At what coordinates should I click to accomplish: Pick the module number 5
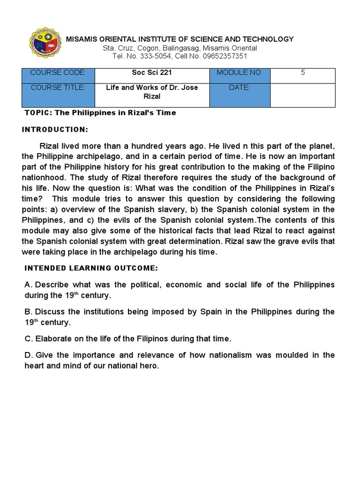click(303, 73)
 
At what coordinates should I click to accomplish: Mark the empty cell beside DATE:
click(303, 96)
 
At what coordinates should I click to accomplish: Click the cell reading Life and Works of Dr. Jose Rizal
click(152, 92)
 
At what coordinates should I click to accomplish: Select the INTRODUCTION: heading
click(55, 129)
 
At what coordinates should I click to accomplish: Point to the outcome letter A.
click(28, 285)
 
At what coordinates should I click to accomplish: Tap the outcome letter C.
click(28, 338)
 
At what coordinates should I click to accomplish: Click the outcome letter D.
click(28, 355)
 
